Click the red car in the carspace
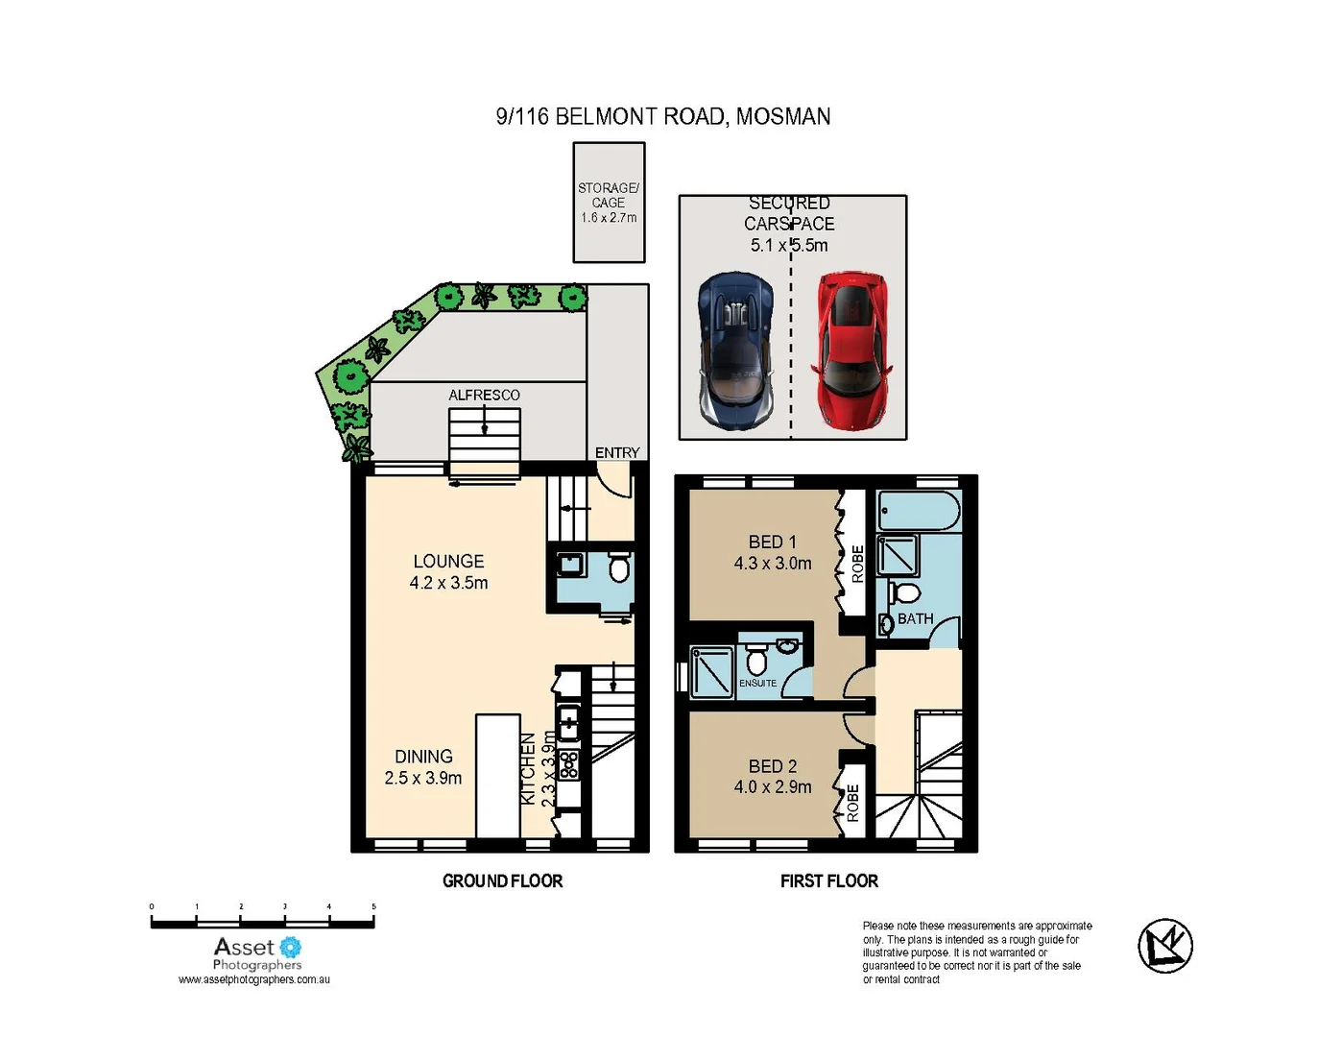(851, 350)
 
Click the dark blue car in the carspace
(736, 350)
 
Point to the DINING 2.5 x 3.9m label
(423, 767)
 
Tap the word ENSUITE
(757, 684)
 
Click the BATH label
(915, 619)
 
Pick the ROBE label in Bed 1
(857, 564)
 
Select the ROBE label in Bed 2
(852, 803)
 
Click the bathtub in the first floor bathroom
(919, 512)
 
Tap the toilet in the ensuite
(756, 661)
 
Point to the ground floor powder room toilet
(618, 567)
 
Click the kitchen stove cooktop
(569, 763)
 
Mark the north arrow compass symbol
(1165, 946)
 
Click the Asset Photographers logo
(257, 954)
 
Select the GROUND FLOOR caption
(502, 880)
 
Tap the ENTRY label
(617, 452)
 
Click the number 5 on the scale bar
(373, 906)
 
